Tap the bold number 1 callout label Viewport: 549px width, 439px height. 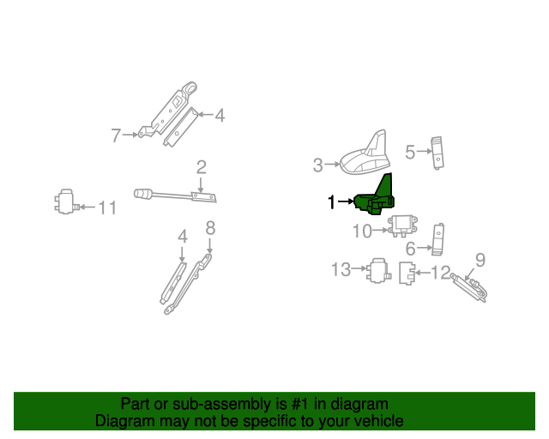[x=331, y=202]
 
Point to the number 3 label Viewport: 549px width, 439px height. [x=317, y=164]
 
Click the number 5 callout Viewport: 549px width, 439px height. [x=410, y=152]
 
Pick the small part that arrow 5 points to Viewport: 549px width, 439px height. [x=437, y=150]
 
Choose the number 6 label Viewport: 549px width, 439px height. [x=410, y=248]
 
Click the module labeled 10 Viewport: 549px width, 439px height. [x=401, y=226]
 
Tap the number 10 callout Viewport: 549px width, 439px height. [x=362, y=230]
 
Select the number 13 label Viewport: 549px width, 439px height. [x=341, y=270]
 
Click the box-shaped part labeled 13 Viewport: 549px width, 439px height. [x=377, y=271]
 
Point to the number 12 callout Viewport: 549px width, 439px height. [x=441, y=274]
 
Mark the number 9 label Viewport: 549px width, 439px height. [x=480, y=259]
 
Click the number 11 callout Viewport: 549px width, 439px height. [x=106, y=207]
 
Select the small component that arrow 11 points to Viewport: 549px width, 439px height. [x=63, y=203]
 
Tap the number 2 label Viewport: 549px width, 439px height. [x=201, y=167]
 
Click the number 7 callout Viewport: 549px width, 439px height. [x=116, y=135]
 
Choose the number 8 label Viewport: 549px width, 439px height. [x=209, y=227]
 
